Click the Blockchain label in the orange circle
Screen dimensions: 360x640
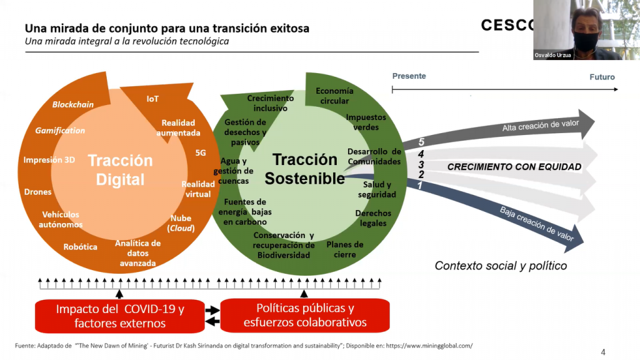(73, 104)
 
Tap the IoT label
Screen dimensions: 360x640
(152, 99)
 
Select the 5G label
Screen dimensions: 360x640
(201, 152)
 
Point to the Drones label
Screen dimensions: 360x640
(37, 192)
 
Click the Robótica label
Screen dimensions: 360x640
(81, 247)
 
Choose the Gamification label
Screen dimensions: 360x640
(60, 131)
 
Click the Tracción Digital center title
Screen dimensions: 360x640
(120, 170)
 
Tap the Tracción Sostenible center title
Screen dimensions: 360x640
(304, 169)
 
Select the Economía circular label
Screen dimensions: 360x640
(334, 96)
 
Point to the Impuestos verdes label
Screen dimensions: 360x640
(366, 122)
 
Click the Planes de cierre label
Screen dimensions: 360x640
(345, 249)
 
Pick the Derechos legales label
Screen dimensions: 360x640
(373, 218)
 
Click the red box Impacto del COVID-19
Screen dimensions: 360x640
(120, 316)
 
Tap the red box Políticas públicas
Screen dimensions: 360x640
(305, 316)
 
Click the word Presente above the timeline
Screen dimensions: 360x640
(409, 76)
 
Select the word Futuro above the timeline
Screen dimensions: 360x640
(602, 77)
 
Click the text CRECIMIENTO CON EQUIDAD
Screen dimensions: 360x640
(514, 167)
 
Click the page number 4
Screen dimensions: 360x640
(603, 352)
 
